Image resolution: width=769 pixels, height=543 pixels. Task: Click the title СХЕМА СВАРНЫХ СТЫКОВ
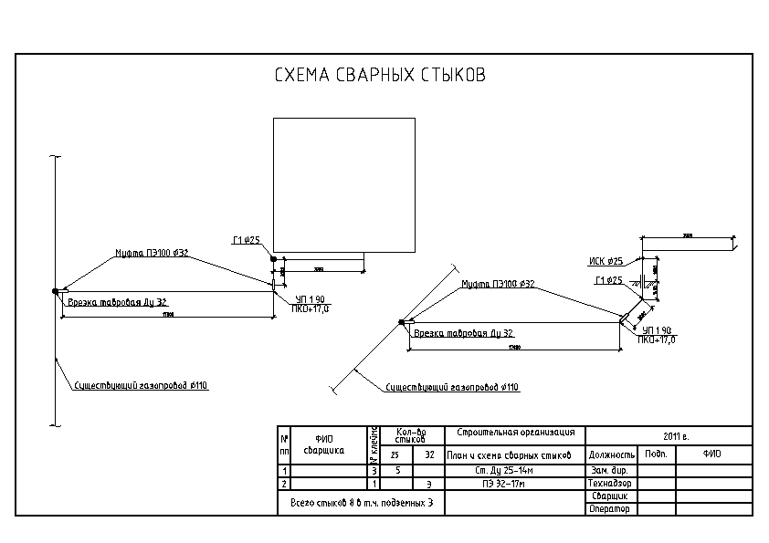(380, 76)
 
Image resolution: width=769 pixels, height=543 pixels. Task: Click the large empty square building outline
(344, 185)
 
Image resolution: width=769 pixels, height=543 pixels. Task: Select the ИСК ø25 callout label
(607, 261)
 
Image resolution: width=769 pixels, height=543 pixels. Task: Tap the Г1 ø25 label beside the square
(247, 241)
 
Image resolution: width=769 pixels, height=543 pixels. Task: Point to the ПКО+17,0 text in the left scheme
(310, 309)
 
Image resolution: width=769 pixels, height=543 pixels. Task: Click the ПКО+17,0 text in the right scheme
(657, 339)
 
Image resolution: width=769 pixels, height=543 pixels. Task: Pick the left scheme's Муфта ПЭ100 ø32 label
(152, 253)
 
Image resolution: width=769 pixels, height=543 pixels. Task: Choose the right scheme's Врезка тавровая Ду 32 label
(464, 333)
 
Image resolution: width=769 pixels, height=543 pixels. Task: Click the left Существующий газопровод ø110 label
(142, 385)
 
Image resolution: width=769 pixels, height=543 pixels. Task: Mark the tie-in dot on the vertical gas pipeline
(56, 291)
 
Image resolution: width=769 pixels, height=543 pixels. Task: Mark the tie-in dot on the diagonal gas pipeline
(401, 321)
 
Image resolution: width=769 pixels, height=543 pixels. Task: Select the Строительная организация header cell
(514, 432)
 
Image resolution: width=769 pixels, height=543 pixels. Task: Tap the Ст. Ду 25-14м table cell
(514, 470)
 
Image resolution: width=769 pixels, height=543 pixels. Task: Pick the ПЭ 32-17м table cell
(514, 482)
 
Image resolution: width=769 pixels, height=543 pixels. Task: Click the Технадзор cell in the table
(611, 483)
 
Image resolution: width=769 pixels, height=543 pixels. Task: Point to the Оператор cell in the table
(611, 508)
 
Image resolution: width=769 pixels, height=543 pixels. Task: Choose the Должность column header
(611, 454)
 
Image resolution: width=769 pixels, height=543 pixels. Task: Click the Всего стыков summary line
(361, 503)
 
